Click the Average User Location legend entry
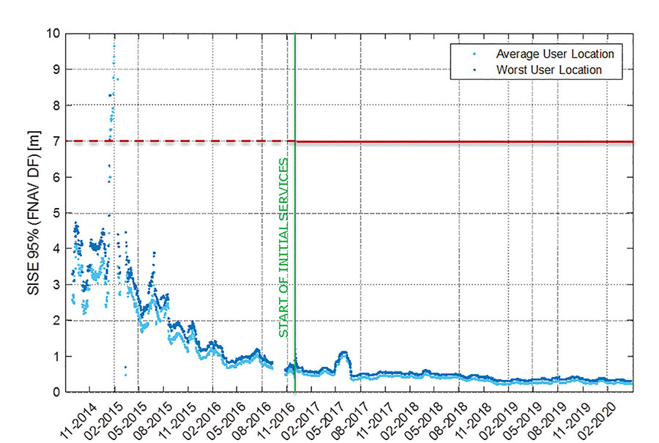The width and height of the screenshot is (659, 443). [x=554, y=54]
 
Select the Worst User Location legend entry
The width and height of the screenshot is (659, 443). [x=548, y=70]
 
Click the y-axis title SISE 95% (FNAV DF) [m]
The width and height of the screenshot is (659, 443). [x=34, y=212]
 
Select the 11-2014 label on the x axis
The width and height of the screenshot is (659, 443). [x=83, y=414]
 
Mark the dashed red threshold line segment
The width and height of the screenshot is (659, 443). [x=176, y=141]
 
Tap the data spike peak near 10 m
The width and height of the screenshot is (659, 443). [x=113, y=45]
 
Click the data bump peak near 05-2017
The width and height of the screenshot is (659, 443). [x=343, y=353]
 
